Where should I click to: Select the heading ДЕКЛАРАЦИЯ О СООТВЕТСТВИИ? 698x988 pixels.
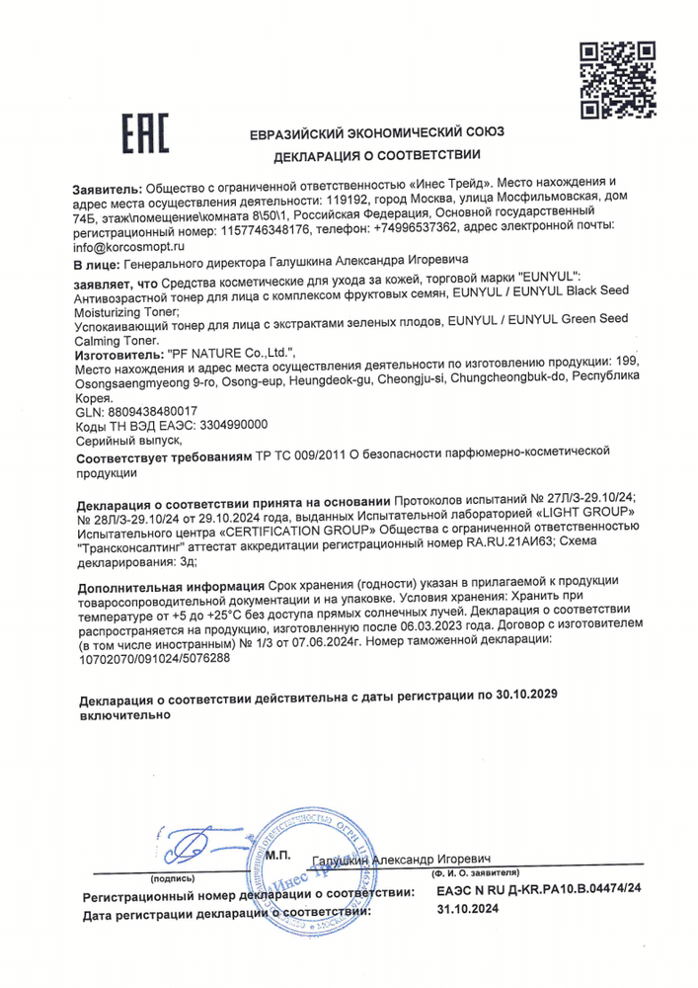(x=377, y=156)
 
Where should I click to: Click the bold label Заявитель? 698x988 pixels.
(x=109, y=185)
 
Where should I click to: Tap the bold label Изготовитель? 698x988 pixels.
(x=116, y=352)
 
